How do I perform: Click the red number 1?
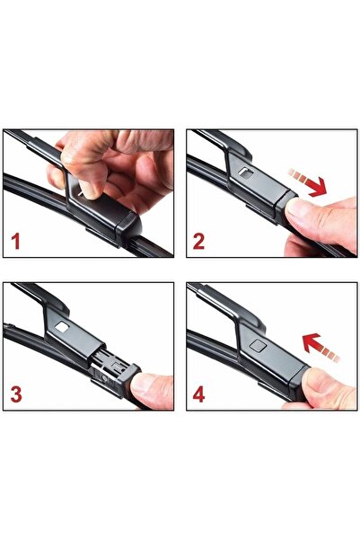pos(16,241)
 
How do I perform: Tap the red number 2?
pos(198,241)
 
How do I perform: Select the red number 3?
pos(16,394)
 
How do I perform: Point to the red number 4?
pos(199,394)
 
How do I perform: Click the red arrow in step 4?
pos(320,347)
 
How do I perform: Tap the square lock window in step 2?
pos(246,173)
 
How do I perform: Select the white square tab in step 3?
pos(62,327)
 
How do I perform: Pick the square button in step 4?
pos(258,345)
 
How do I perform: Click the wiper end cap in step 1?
pos(129,226)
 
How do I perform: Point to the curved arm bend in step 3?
pos(56,302)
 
